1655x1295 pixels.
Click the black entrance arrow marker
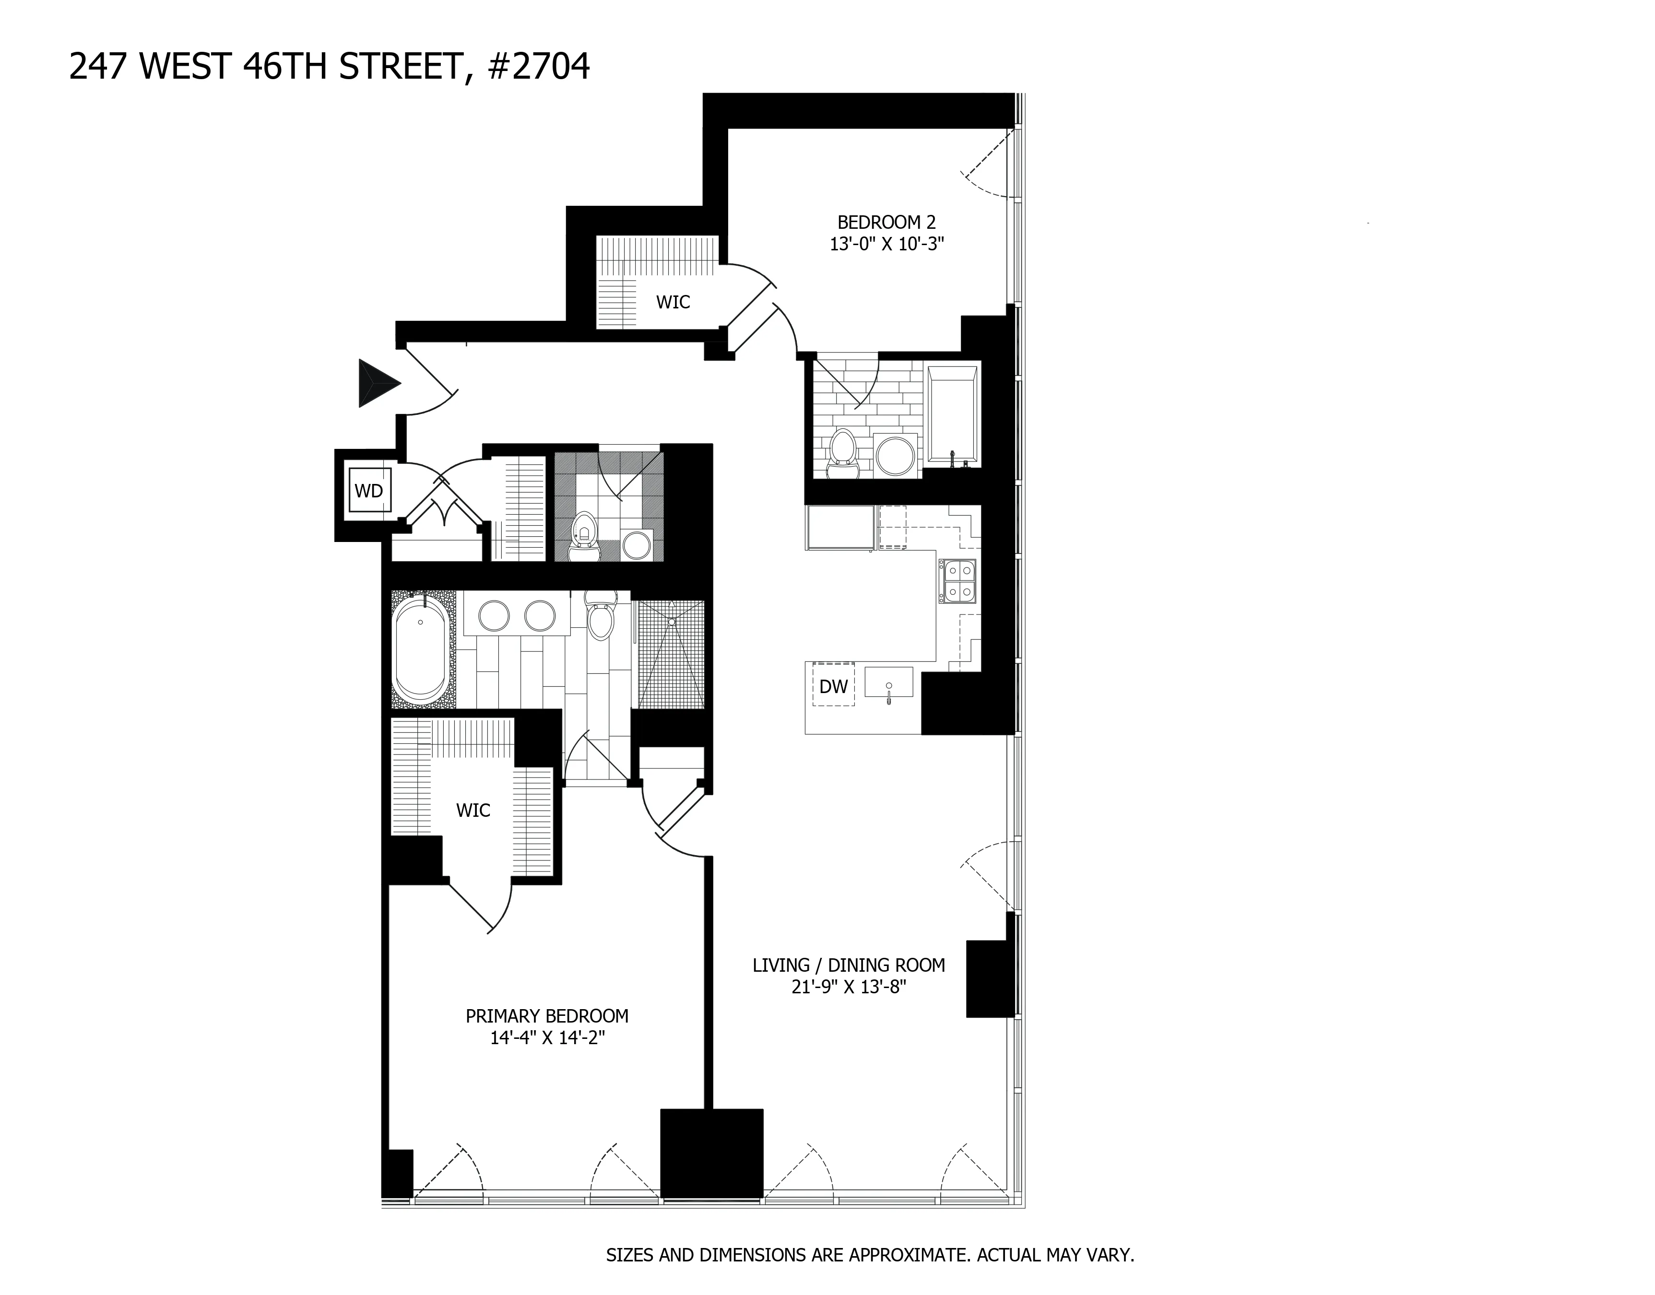377,384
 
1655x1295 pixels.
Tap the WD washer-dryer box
368,491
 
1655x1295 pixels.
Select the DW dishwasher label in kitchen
833,687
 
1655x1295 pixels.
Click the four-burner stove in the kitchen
958,581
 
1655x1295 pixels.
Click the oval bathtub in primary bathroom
421,650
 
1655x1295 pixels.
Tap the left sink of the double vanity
494,616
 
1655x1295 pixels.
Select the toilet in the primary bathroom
601,616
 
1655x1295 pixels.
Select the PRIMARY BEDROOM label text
546,1016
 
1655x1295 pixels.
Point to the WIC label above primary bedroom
473,811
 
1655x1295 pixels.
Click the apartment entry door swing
431,383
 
